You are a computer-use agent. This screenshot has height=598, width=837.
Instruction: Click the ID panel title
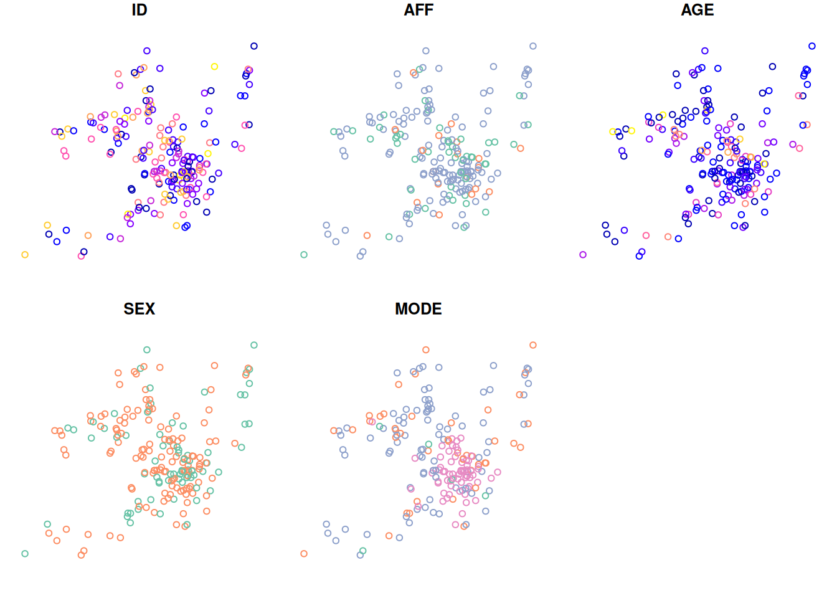[x=139, y=10]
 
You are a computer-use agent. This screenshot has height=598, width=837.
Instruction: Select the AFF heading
[x=418, y=10]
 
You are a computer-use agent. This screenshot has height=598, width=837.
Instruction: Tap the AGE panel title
[x=697, y=10]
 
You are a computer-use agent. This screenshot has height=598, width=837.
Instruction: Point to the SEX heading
[x=139, y=309]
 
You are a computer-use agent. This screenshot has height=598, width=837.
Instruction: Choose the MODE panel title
[x=418, y=309]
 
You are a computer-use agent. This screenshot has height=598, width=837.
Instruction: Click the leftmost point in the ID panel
[x=25, y=255]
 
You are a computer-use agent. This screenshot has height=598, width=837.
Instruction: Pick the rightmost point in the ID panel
[x=254, y=46]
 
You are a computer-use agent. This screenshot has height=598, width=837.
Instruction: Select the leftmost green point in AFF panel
[x=304, y=255]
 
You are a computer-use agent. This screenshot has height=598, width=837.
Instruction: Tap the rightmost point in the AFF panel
[x=533, y=46]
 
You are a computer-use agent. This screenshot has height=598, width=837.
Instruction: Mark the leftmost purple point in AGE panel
[x=583, y=255]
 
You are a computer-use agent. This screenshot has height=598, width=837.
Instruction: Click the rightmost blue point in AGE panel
[x=812, y=46]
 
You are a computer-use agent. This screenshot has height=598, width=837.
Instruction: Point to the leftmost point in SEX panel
[x=25, y=554]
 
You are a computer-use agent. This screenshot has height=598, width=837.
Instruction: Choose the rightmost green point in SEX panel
[x=254, y=345]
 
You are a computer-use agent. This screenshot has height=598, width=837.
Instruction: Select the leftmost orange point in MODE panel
[x=304, y=554]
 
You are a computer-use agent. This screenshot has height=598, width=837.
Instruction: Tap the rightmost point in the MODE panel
[x=533, y=345]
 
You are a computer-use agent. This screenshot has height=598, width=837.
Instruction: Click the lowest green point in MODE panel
[x=363, y=551]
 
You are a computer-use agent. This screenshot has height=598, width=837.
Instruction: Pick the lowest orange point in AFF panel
[x=367, y=235]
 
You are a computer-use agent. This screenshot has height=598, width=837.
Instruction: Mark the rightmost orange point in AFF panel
[x=521, y=148]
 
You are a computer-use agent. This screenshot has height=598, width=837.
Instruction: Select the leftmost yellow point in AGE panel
[x=613, y=131]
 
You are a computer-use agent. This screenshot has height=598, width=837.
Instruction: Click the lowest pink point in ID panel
[x=81, y=256]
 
